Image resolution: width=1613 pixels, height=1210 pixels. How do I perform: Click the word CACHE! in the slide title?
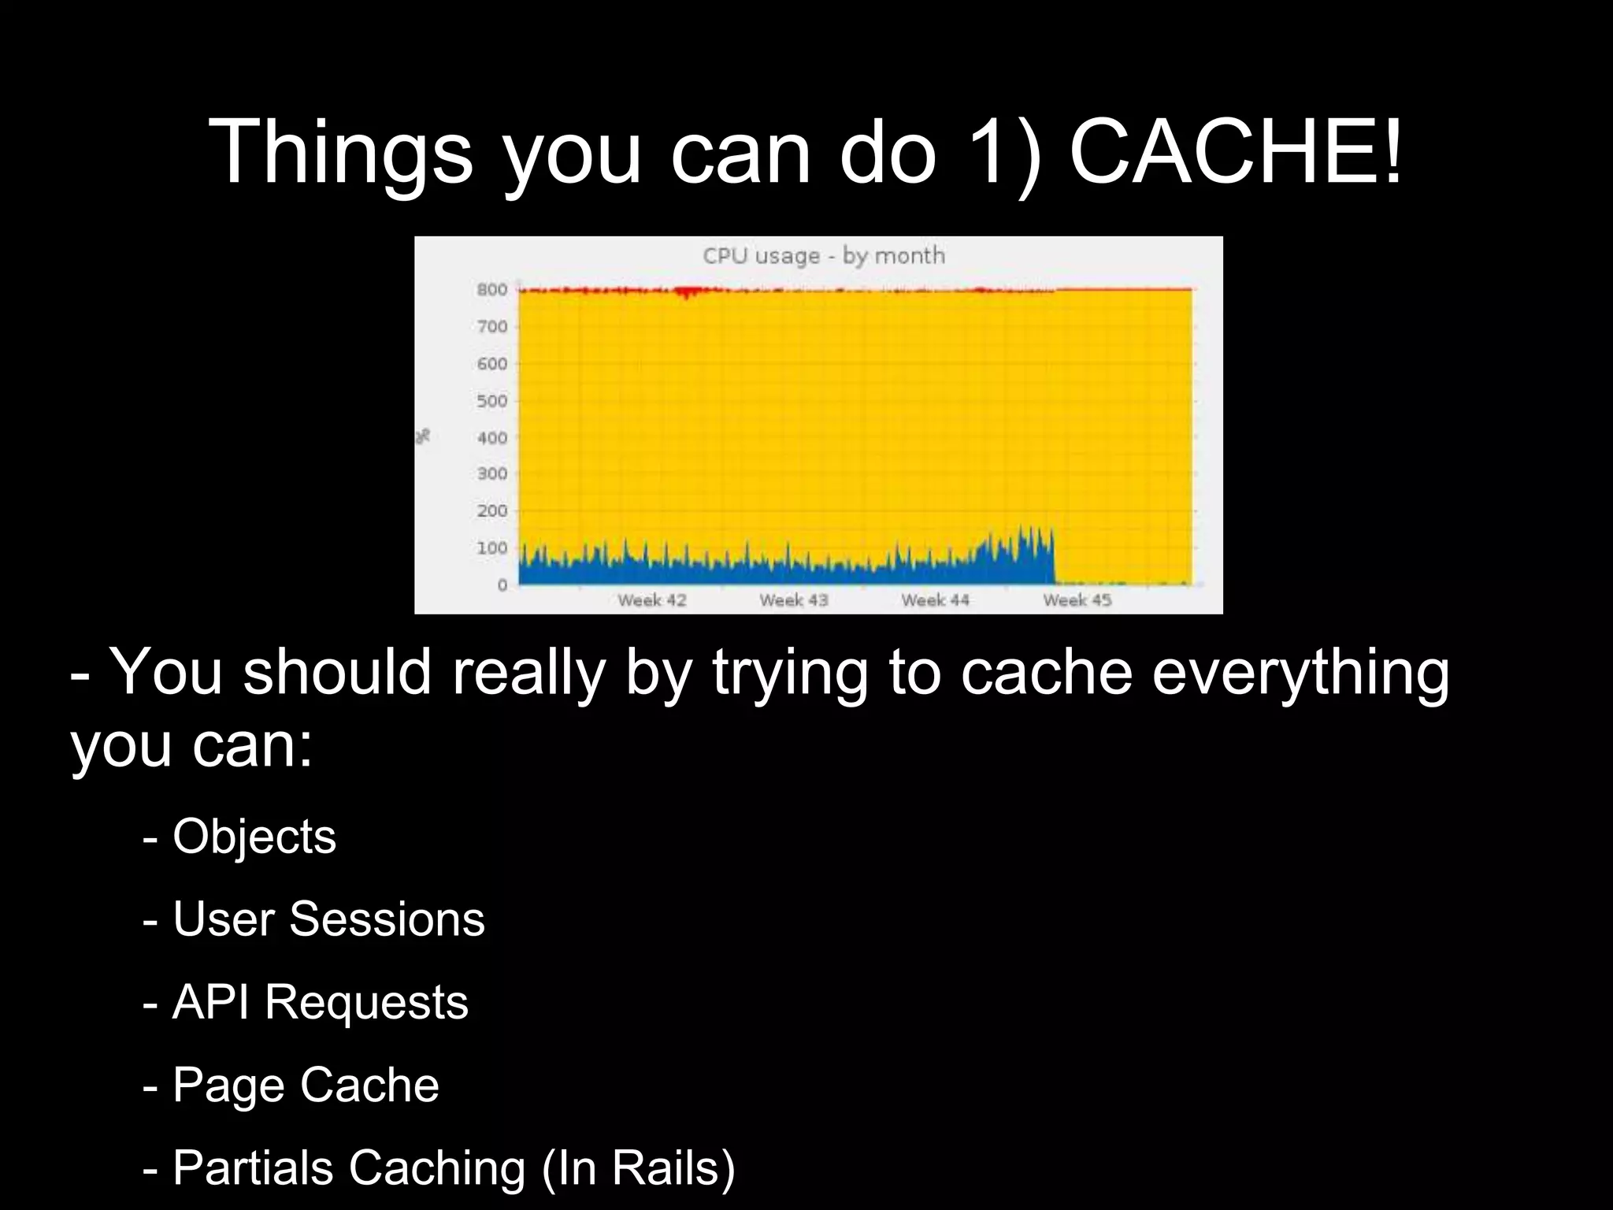(1235, 151)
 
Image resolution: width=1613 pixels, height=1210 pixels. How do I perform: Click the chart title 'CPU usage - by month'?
(823, 256)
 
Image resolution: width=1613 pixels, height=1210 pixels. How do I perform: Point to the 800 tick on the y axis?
(492, 290)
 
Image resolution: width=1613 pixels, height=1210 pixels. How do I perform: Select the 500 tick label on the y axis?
(492, 401)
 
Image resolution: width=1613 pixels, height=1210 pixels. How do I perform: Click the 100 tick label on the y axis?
(492, 548)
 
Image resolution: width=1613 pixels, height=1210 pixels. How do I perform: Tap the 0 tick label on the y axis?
(502, 585)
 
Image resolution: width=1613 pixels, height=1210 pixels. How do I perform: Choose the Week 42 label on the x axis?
(652, 600)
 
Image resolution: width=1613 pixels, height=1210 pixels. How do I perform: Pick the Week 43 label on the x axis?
(794, 600)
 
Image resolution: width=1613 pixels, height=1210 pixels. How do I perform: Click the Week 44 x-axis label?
(936, 600)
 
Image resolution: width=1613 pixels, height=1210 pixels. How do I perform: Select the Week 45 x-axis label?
(1077, 600)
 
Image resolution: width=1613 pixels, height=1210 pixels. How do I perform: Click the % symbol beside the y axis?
(424, 436)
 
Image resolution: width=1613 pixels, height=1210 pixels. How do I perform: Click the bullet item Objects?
(254, 837)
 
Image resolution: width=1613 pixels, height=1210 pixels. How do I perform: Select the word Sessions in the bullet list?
(387, 919)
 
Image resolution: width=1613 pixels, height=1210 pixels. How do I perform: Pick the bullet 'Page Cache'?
(305, 1085)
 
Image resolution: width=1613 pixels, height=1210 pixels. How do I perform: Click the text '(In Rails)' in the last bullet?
(638, 1167)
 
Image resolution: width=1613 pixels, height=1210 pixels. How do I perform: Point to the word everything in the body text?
(1300, 674)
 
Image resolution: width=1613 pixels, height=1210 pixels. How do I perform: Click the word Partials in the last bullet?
(254, 1167)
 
